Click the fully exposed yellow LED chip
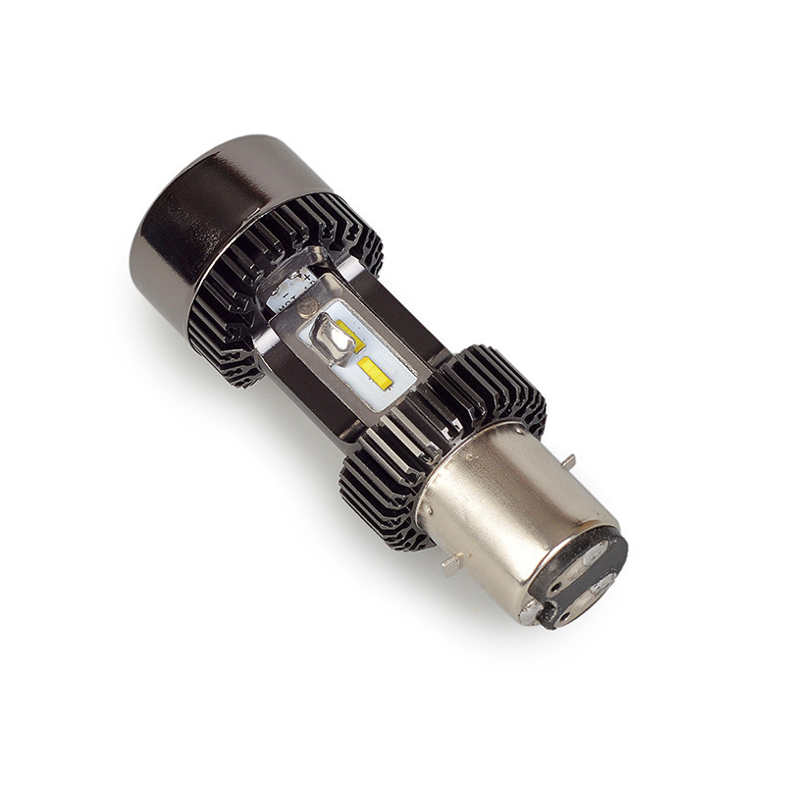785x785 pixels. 372,371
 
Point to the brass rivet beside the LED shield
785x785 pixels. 306,307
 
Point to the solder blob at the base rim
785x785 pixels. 531,613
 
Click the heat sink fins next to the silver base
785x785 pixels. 383,491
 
